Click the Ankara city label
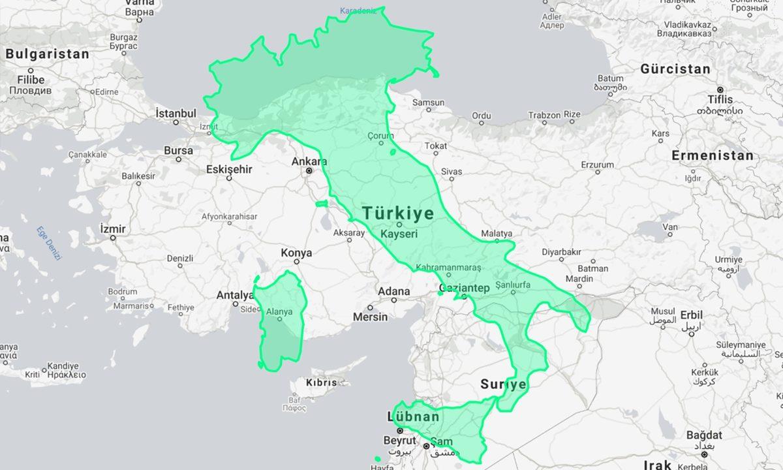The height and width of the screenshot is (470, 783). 309,161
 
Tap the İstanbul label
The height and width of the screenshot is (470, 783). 176,113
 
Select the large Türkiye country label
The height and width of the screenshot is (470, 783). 398,213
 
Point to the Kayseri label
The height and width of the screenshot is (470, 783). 399,233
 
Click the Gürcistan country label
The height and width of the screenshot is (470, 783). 675,69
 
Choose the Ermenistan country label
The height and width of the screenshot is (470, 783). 713,155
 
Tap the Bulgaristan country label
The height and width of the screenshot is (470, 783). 47,54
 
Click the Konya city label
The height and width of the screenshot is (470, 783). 296,253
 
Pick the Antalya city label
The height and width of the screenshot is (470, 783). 235,295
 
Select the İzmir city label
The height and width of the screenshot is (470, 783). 113,228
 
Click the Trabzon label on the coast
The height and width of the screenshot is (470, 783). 544,116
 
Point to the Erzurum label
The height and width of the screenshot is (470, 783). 598,164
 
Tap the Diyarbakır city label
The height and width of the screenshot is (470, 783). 561,252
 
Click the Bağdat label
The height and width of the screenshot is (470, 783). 704,435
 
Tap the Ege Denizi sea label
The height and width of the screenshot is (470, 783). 49,243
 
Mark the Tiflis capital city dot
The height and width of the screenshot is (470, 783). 720,89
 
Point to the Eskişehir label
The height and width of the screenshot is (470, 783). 229,169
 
